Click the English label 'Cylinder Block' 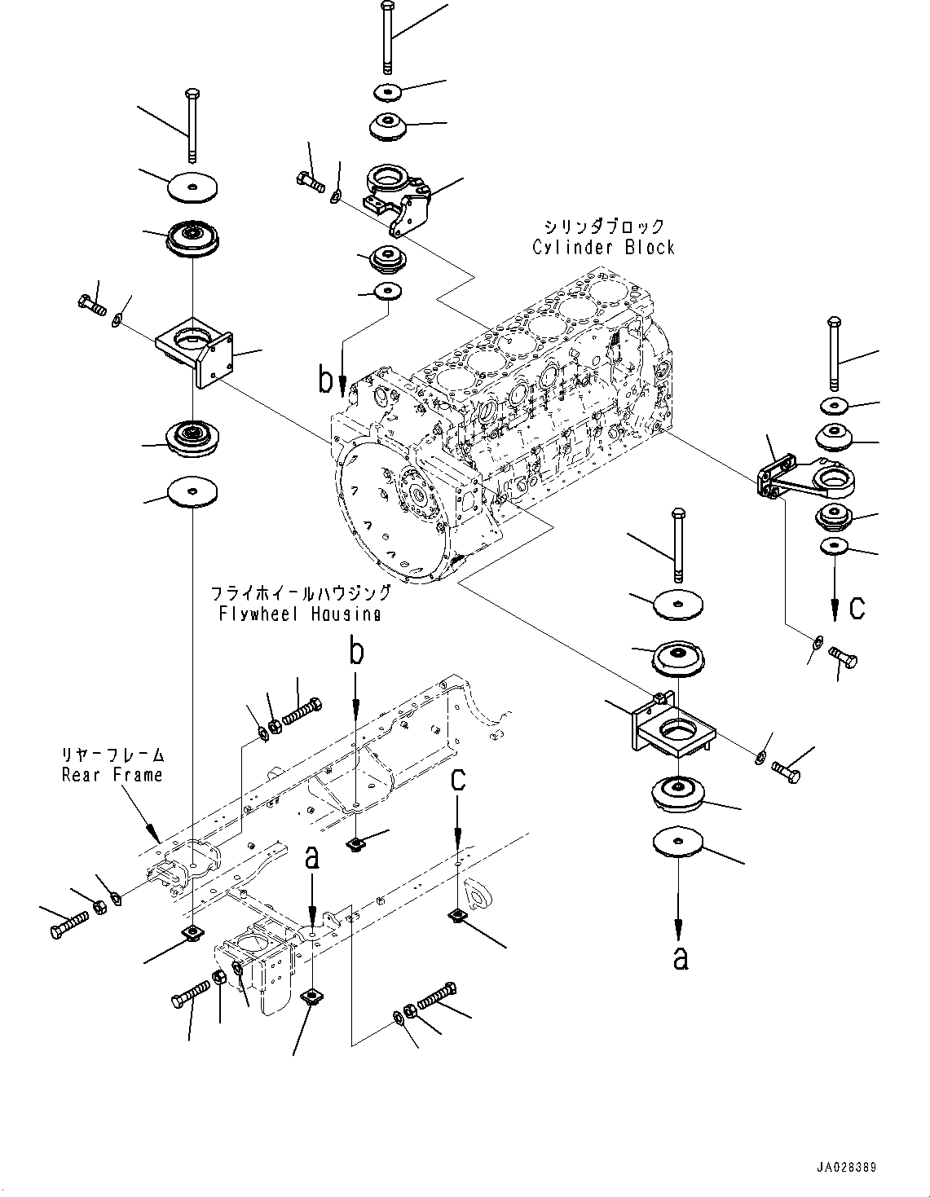(603, 248)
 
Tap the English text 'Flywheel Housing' (299, 614)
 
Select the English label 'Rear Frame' (112, 775)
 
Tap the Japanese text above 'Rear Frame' (112, 755)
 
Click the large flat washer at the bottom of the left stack (192, 491)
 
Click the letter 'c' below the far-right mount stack (857, 608)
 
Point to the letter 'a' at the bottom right (680, 959)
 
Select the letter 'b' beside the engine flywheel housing (326, 381)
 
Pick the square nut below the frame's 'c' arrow (457, 917)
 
